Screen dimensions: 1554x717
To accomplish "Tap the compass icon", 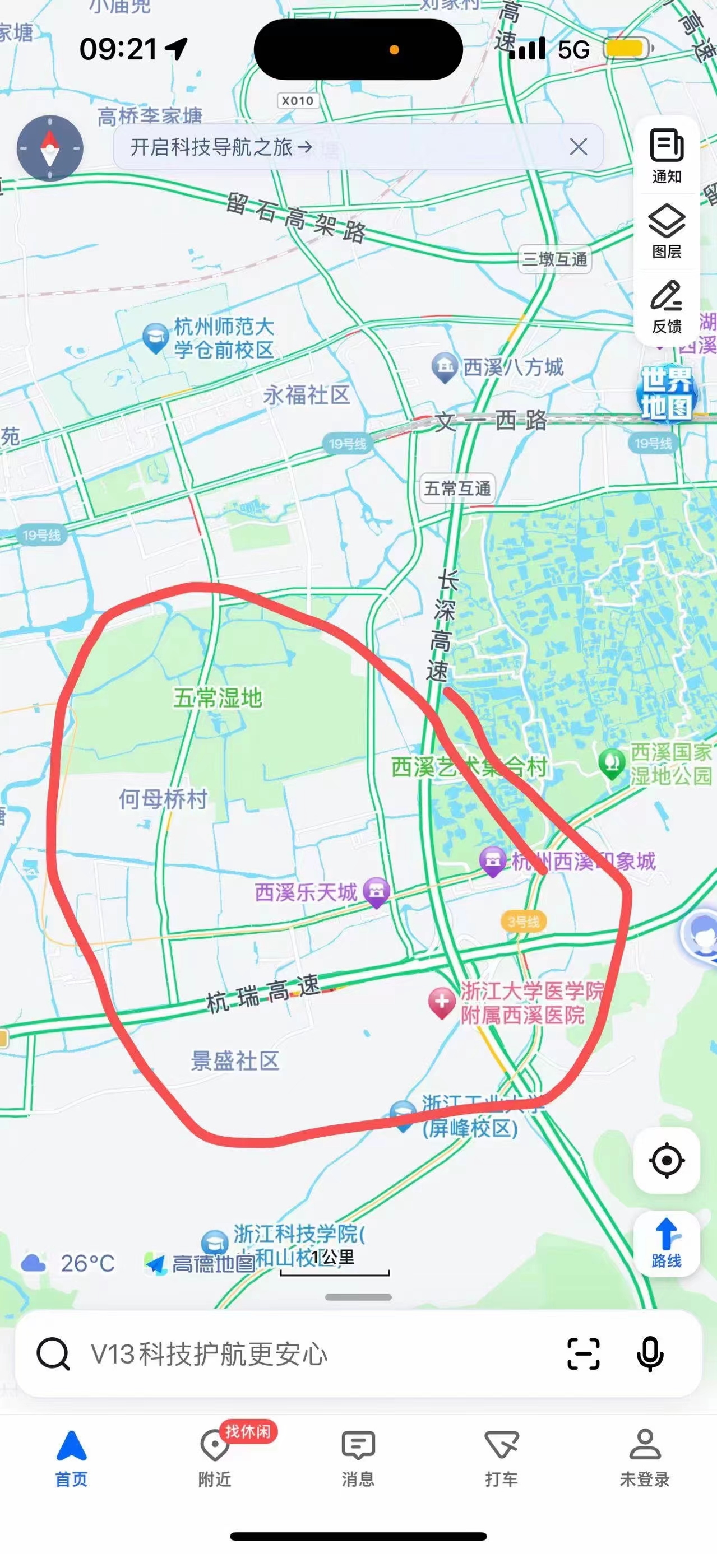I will pyautogui.click(x=49, y=148).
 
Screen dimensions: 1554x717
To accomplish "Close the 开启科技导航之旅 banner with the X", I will pyautogui.click(x=578, y=147).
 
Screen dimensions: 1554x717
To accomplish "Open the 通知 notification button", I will pyautogui.click(x=667, y=156).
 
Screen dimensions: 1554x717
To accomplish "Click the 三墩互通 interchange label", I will pyautogui.click(x=554, y=259).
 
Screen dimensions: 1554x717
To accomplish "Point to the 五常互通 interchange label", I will pyautogui.click(x=457, y=488).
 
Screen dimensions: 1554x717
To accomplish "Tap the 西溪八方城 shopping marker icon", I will pyautogui.click(x=445, y=366).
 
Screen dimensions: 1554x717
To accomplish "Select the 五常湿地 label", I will pyautogui.click(x=218, y=698).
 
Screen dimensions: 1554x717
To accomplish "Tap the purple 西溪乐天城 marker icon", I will pyautogui.click(x=377, y=891).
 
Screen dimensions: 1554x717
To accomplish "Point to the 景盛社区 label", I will pyautogui.click(x=235, y=1060).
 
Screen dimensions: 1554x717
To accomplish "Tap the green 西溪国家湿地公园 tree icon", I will pyautogui.click(x=612, y=763).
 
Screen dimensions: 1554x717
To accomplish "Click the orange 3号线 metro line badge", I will pyautogui.click(x=523, y=921).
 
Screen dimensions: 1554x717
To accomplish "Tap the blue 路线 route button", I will pyautogui.click(x=667, y=1243).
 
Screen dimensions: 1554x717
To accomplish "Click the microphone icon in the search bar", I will pyautogui.click(x=650, y=1355).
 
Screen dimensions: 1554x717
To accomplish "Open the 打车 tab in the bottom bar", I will pyautogui.click(x=502, y=1458).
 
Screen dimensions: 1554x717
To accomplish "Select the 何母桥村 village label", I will pyautogui.click(x=163, y=799).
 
